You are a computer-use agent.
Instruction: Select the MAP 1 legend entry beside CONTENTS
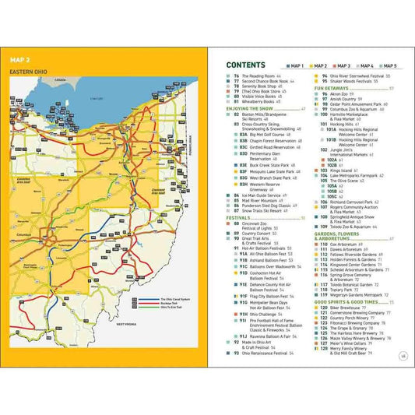pos(300,67)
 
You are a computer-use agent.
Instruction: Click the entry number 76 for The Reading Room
pos(236,76)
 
